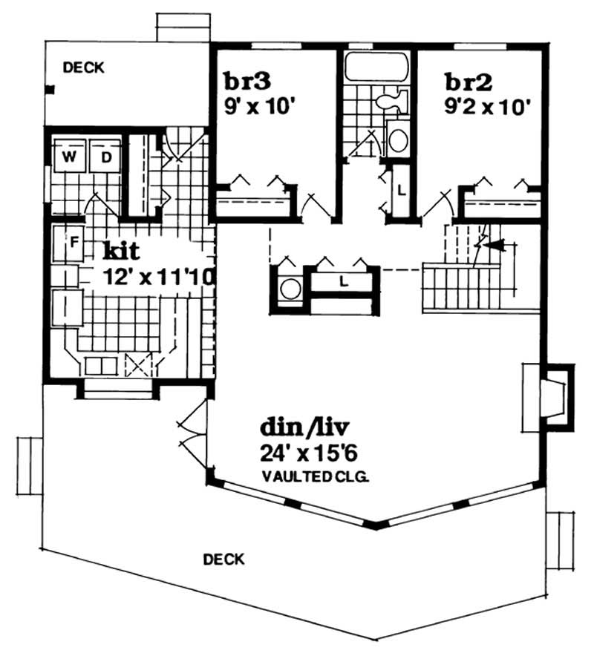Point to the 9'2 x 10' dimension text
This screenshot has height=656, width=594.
(x=487, y=105)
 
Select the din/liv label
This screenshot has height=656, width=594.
(x=304, y=428)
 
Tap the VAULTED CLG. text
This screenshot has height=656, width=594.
(x=315, y=478)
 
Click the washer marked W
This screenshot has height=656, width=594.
(x=69, y=157)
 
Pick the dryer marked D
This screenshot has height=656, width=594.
(x=106, y=157)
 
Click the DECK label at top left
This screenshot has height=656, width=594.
(x=83, y=68)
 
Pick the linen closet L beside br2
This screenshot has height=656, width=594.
(x=400, y=189)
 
